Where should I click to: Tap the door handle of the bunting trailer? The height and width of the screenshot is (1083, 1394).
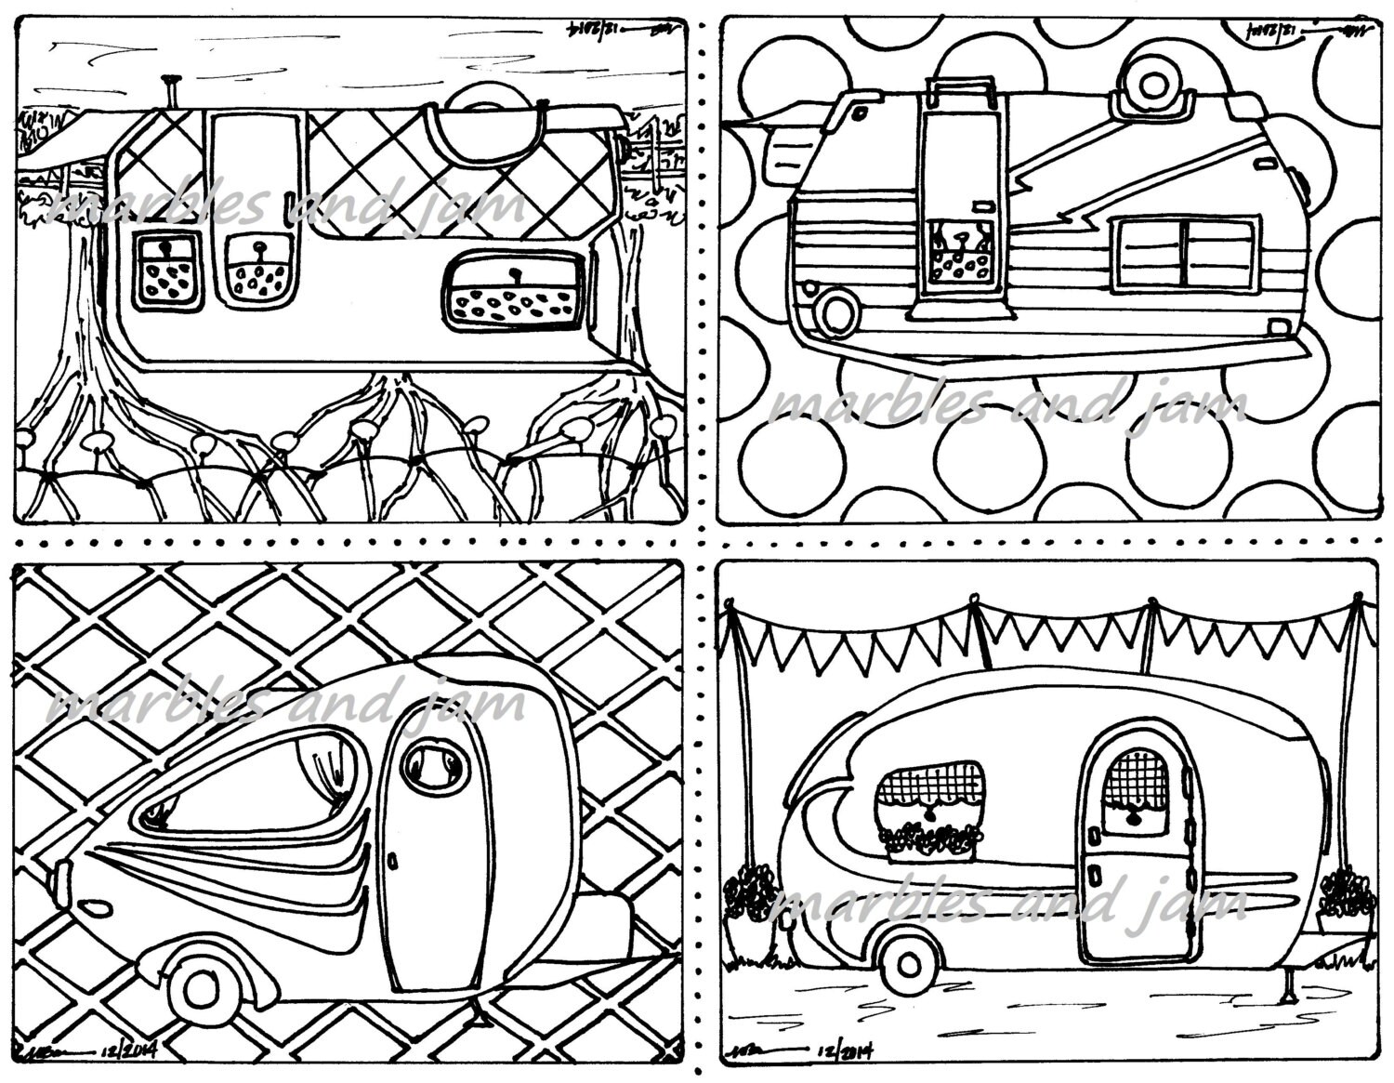(x=1096, y=877)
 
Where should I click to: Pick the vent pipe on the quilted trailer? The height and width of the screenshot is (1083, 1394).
(x=170, y=91)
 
